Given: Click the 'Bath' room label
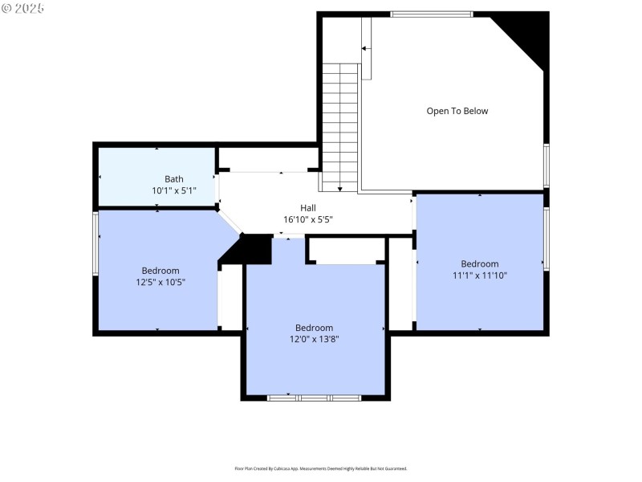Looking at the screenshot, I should point(174,179).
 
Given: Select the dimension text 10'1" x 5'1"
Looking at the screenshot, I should point(174,191).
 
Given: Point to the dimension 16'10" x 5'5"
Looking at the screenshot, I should point(308,219).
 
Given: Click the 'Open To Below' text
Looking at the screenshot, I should point(457,111).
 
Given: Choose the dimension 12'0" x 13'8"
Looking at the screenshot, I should point(314,340).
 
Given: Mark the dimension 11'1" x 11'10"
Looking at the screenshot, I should point(479,275).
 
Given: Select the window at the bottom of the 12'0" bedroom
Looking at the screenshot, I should point(314,397).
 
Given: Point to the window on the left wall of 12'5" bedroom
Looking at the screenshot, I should point(95,243).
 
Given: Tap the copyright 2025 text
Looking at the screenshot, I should point(23,8).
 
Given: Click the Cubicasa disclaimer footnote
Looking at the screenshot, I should point(320,468).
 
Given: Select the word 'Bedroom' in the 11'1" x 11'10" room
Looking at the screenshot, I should point(479,263).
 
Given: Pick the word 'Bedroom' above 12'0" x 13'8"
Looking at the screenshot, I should point(314,328).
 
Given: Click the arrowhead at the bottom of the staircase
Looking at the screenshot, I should point(340,189).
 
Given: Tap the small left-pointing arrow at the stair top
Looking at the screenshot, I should point(364,48).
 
